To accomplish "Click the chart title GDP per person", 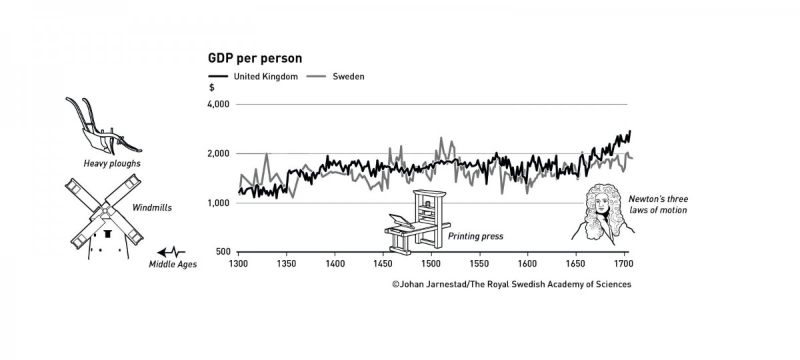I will tap(255, 58).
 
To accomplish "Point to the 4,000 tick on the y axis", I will tap(219, 105).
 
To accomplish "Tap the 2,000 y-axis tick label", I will tap(219, 154).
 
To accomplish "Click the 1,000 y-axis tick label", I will tap(219, 203).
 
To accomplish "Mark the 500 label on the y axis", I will tap(223, 252).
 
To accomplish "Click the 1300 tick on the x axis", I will tap(238, 264).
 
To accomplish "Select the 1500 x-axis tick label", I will tap(431, 264).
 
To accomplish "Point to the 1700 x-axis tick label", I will tap(623, 264).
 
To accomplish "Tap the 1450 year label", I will tap(383, 264).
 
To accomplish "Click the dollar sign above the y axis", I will tap(212, 88).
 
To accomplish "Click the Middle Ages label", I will tap(173, 265).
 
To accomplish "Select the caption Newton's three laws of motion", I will tap(657, 205).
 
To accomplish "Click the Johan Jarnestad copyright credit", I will tap(511, 284).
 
